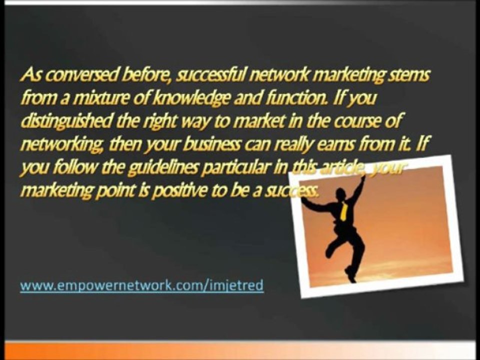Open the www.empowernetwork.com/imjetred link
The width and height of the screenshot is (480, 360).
(141, 286)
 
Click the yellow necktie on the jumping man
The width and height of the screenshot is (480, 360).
(343, 210)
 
